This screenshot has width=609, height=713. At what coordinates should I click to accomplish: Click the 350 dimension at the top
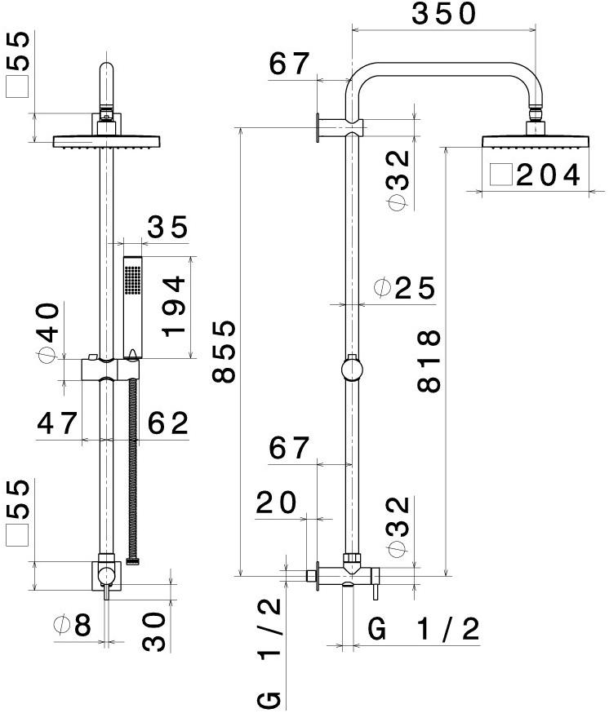pyautogui.click(x=444, y=15)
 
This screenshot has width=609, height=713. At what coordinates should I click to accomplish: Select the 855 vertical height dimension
pyautogui.click(x=224, y=351)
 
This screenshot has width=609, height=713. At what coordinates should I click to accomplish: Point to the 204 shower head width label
pyautogui.click(x=548, y=175)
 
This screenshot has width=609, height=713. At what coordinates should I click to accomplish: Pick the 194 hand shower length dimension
pyautogui.click(x=174, y=306)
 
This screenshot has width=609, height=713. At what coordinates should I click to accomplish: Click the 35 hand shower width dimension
pyautogui.click(x=167, y=228)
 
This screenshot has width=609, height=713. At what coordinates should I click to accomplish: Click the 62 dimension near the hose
pyautogui.click(x=167, y=423)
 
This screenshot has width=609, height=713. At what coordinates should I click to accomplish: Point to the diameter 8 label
pyautogui.click(x=72, y=626)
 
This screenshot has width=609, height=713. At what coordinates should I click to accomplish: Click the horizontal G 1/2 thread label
pyautogui.click(x=424, y=629)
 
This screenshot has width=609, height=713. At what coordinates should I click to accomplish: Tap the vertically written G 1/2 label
pyautogui.click(x=270, y=653)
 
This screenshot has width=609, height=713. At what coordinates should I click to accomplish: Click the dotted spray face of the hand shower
pyautogui.click(x=132, y=281)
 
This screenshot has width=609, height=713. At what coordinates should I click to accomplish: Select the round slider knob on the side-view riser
pyautogui.click(x=352, y=370)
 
